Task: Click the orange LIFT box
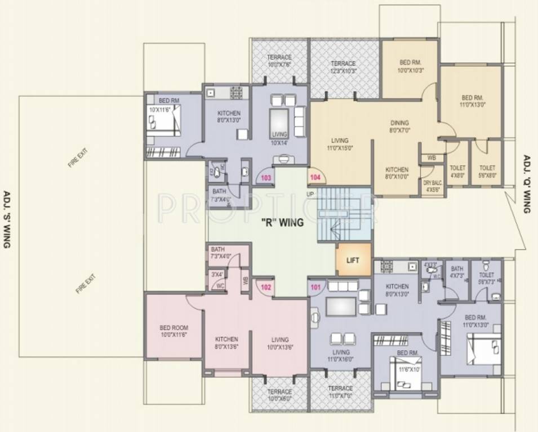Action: point(353,260)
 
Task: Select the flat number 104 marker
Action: point(315,178)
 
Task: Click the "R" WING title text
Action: point(282,222)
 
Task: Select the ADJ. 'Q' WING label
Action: point(527,184)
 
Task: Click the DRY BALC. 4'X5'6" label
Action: point(433,186)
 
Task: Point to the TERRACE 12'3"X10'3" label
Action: point(343,67)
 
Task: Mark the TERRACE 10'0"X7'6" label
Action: point(279,61)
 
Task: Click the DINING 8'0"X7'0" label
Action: point(399,127)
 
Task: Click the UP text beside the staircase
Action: point(310,194)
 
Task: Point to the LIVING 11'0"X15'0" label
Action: point(339,144)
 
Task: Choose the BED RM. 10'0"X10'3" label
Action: point(410,66)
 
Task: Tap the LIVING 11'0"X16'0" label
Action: point(340,355)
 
